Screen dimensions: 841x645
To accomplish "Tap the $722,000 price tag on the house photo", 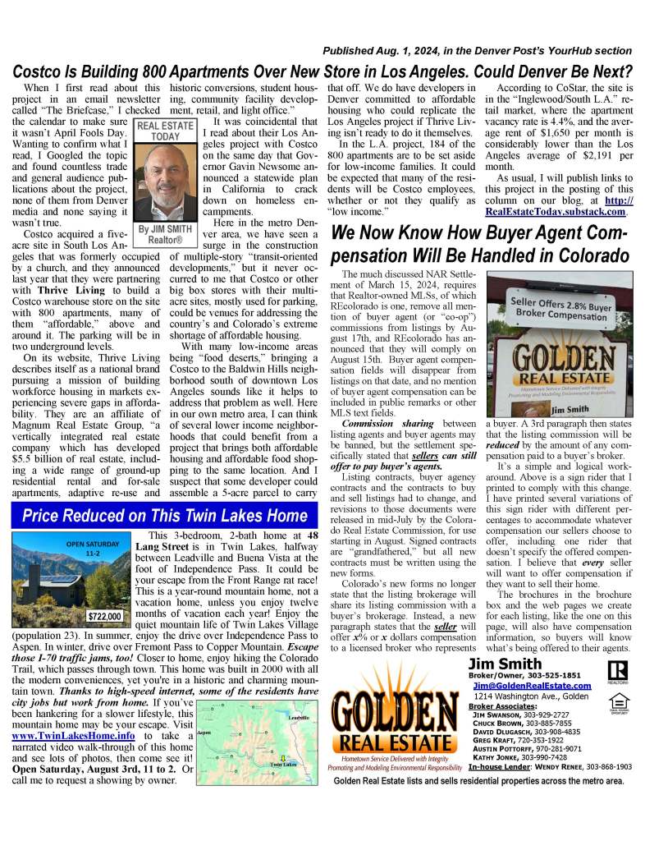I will click(104, 615).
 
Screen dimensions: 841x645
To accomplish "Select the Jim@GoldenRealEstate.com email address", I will click(532, 685).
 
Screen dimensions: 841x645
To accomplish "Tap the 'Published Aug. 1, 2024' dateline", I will click(476, 50).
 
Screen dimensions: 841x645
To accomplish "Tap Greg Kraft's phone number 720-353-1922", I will click(559, 739).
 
